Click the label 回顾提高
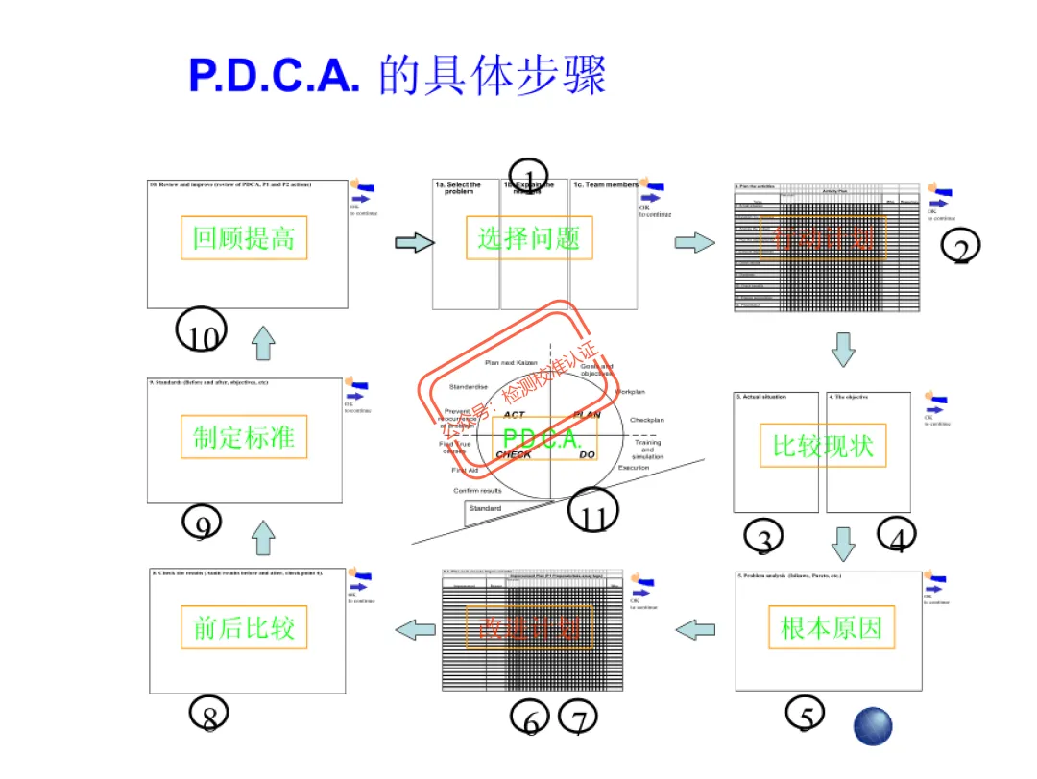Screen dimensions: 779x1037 click(x=244, y=237)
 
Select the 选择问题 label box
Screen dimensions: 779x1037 click(x=529, y=237)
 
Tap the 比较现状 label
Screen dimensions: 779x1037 click(x=823, y=446)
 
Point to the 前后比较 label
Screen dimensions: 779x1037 click(x=244, y=628)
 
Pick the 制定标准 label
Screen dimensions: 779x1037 click(x=244, y=437)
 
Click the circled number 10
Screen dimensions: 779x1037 click(x=202, y=333)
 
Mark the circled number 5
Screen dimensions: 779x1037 click(x=806, y=716)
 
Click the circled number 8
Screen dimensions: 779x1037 click(x=209, y=715)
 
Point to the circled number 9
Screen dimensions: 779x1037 click(x=202, y=524)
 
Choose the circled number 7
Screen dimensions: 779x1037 click(x=579, y=718)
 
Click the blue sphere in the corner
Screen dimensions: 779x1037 click(x=873, y=727)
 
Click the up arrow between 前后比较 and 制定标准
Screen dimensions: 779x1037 click(x=263, y=537)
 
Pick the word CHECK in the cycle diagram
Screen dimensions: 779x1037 click(x=514, y=455)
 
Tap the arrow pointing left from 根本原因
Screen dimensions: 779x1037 click(x=695, y=630)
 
